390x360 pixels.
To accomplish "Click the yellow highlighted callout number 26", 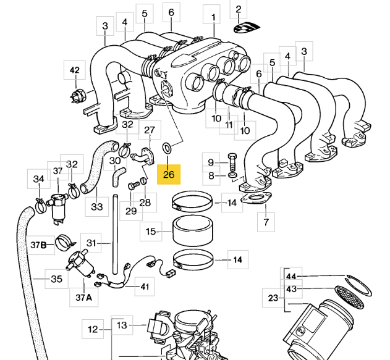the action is click(x=169, y=174).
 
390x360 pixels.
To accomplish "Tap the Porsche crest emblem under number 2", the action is click(x=247, y=27).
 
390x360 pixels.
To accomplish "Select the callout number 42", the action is click(x=75, y=70).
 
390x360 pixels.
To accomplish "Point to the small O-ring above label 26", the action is click(x=166, y=148).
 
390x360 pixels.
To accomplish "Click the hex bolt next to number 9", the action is click(x=232, y=162).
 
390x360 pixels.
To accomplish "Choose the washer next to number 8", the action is click(x=232, y=175).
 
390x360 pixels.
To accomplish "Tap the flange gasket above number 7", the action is click(x=256, y=198).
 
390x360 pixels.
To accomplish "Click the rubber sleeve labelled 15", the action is click(x=193, y=231).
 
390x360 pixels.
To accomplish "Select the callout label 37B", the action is click(x=38, y=245).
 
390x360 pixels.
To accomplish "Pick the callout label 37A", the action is click(x=84, y=297).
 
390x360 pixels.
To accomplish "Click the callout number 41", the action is click(x=145, y=287).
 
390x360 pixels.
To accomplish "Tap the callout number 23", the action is click(x=273, y=298).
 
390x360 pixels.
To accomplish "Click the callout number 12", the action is click(x=93, y=329).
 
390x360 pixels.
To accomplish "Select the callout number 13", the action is click(x=122, y=325).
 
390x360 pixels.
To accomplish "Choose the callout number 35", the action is click(x=56, y=278).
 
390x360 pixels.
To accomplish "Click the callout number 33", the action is click(x=97, y=206).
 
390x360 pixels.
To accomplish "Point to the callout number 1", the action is click(x=213, y=17).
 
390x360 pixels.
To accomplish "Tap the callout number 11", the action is click(x=229, y=125).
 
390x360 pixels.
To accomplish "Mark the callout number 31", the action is click(x=91, y=243).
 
